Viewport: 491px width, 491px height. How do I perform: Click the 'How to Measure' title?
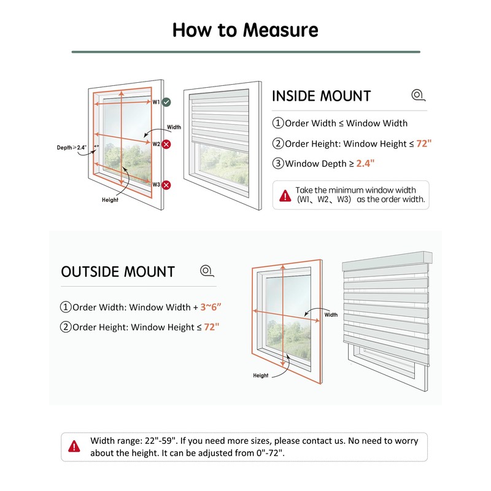(x=245, y=29)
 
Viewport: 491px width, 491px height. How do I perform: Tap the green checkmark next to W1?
(x=166, y=102)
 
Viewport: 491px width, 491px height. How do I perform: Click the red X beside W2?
(x=166, y=144)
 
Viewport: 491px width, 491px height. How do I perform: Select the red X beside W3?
(x=166, y=185)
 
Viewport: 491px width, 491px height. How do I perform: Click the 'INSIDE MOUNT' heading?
(x=321, y=96)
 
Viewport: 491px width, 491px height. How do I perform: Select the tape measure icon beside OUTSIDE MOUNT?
(x=206, y=271)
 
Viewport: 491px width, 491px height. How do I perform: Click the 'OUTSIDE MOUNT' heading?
(x=118, y=272)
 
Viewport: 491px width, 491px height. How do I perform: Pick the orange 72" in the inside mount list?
(x=424, y=144)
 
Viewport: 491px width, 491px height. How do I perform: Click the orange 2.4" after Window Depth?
(x=364, y=163)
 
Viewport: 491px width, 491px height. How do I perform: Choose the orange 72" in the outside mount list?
(x=211, y=327)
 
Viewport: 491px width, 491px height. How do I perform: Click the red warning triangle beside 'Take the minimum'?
(x=285, y=196)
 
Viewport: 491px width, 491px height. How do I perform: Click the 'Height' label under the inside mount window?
(x=110, y=199)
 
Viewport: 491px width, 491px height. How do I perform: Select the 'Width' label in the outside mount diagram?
(x=331, y=315)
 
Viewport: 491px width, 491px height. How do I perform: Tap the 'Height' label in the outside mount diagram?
(x=261, y=375)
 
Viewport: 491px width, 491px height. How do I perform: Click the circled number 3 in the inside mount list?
(x=278, y=164)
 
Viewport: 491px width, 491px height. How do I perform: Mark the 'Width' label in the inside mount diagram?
(x=174, y=128)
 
